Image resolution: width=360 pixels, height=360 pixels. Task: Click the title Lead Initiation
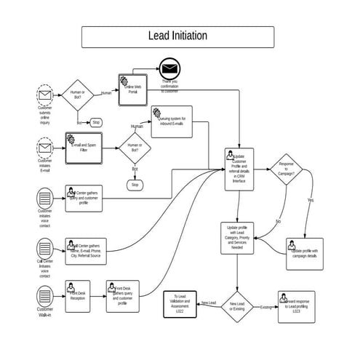pyautogui.click(x=177, y=36)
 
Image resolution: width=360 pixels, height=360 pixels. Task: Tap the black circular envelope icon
pyautogui.click(x=169, y=68)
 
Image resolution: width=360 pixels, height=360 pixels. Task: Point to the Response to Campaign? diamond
pyautogui.click(x=286, y=175)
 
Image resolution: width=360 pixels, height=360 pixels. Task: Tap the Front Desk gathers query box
pyautogui.click(x=121, y=295)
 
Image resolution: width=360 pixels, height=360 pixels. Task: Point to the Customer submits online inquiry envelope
pyautogui.click(x=45, y=96)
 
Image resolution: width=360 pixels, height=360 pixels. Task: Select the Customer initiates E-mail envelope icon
pyautogui.click(x=45, y=148)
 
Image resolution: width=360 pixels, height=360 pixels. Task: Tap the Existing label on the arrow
pyautogui.click(x=265, y=307)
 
